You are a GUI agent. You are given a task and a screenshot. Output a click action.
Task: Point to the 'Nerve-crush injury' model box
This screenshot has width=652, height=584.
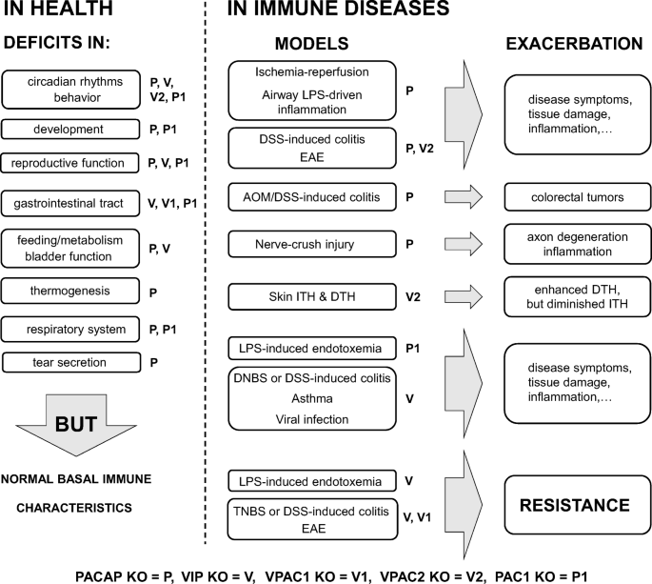[x=297, y=245]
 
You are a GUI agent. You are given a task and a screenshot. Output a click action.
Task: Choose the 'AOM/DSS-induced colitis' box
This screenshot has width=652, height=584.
[x=299, y=198]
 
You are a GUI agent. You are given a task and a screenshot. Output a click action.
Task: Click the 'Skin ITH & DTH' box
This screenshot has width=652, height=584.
[x=297, y=296]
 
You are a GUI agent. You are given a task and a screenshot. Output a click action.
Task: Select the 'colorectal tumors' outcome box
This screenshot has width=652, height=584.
[x=577, y=198]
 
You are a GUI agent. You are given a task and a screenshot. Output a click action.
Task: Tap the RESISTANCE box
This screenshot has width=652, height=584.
[x=577, y=505]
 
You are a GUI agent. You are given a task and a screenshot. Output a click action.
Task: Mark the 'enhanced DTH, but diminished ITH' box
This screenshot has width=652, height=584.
[x=577, y=296]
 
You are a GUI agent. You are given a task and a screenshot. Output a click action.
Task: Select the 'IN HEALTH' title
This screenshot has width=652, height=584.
[x=56, y=11]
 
